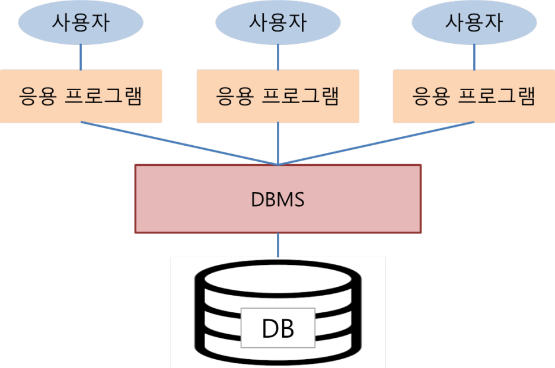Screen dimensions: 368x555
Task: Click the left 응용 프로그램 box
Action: (81, 96)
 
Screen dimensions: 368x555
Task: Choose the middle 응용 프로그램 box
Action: (277, 96)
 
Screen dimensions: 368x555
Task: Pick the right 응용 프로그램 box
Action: (474, 96)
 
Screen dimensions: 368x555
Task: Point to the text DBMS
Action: (277, 200)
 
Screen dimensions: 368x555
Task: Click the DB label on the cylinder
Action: (277, 328)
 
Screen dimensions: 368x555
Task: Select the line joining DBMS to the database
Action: (277, 245)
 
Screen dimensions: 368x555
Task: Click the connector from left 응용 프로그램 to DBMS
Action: (178, 144)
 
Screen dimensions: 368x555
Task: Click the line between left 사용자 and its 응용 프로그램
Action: (81, 57)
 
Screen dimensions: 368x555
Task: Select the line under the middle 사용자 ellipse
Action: (277, 57)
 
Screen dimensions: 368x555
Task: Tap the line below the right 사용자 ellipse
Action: (474, 57)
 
